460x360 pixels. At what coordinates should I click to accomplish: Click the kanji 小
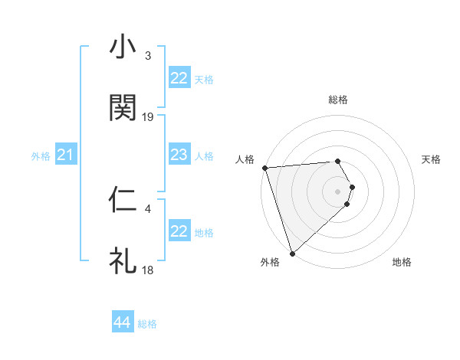[123, 47]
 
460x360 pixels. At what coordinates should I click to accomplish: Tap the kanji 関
[123, 108]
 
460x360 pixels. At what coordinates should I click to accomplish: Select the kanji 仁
[123, 200]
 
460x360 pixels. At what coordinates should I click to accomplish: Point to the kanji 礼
[123, 260]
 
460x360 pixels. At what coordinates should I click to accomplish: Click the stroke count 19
[148, 116]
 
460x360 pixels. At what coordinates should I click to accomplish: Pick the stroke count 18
[148, 270]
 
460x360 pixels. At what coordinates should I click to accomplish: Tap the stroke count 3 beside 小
[148, 56]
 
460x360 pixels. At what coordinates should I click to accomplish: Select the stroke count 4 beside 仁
[148, 208]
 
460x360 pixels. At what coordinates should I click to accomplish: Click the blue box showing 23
[179, 155]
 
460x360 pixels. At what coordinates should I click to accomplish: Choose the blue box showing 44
[123, 322]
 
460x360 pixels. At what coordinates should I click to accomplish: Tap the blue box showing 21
[66, 155]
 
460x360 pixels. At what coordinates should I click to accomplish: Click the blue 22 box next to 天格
[179, 78]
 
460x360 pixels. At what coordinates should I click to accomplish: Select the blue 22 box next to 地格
[179, 231]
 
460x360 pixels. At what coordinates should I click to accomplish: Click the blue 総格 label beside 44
[147, 324]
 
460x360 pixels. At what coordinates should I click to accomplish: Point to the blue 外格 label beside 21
[41, 156]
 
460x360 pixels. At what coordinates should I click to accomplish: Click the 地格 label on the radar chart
[402, 262]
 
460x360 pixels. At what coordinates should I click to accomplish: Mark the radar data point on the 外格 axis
[291, 253]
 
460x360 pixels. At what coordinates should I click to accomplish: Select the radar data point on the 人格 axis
[264, 168]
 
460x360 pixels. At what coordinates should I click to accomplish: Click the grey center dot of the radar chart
[338, 191]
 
